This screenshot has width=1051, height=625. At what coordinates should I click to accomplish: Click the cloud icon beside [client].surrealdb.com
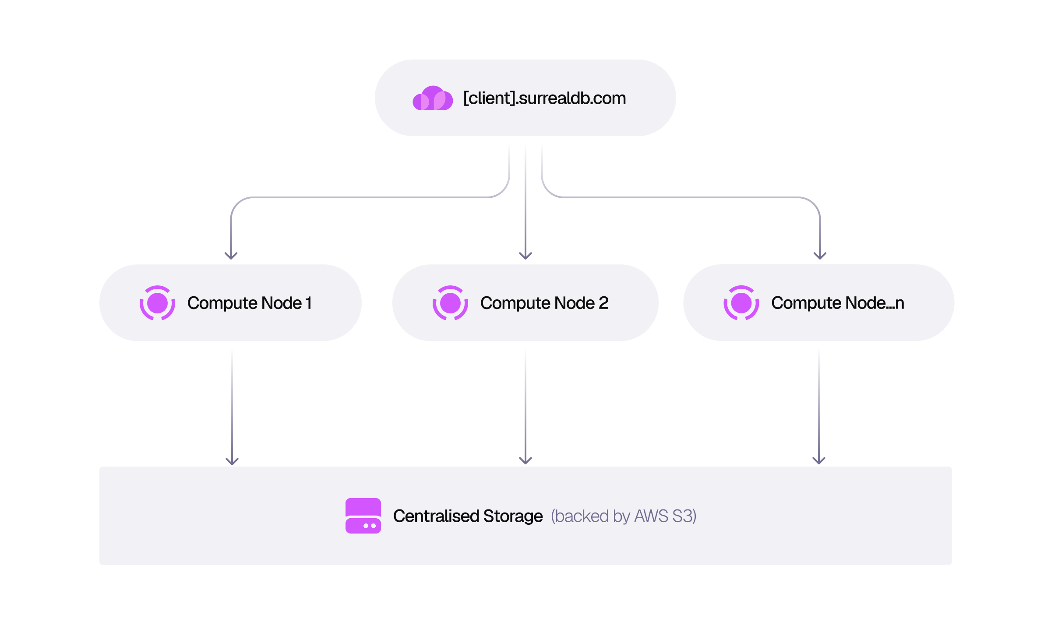tap(433, 98)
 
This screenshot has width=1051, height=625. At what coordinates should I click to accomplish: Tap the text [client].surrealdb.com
tap(545, 98)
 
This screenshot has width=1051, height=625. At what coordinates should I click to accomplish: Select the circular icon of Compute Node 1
tap(158, 303)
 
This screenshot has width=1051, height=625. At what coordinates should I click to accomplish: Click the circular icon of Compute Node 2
tap(450, 303)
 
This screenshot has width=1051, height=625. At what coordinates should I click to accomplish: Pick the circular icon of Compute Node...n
tap(741, 303)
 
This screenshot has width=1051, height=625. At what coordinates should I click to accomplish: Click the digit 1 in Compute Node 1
tap(309, 303)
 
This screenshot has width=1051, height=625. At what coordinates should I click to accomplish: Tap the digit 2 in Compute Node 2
tap(604, 303)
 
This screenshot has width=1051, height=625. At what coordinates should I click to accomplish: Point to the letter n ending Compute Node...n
tap(900, 304)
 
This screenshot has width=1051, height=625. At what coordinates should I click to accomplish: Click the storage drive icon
tap(363, 516)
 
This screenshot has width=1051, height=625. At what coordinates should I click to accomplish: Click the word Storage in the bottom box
tap(513, 517)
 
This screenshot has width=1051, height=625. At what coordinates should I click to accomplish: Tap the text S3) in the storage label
tap(684, 516)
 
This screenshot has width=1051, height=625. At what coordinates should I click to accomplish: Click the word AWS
tap(651, 516)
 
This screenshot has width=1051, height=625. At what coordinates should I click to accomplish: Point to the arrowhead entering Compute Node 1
tap(231, 256)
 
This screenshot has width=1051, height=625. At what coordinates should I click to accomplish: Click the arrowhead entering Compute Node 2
tap(525, 256)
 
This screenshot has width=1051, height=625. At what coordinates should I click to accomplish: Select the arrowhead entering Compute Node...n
tap(820, 256)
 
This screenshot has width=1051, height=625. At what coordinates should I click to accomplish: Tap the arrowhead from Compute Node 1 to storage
tap(232, 461)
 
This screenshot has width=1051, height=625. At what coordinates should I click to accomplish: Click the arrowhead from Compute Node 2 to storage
tap(525, 461)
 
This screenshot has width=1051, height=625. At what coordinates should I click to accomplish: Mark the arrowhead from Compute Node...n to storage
tap(819, 461)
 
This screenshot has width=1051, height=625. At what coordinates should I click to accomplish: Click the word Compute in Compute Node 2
tap(515, 304)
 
